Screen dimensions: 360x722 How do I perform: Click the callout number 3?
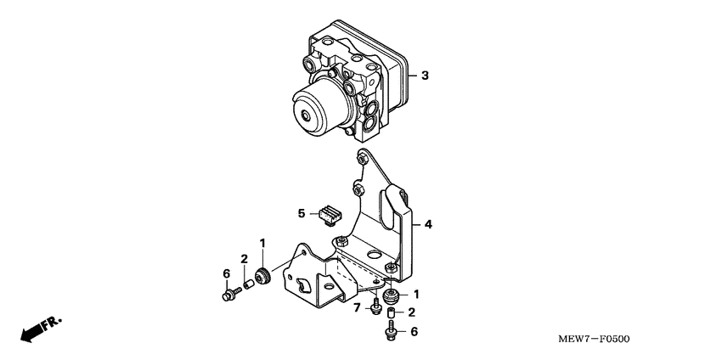point(425,76)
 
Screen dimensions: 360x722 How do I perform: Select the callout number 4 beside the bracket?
point(428,225)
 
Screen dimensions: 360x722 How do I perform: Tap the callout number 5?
point(301,212)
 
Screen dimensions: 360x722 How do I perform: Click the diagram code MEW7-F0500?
point(594,340)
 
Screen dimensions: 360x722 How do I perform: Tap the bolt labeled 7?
point(375,306)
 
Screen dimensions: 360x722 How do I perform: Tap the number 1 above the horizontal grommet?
point(262,243)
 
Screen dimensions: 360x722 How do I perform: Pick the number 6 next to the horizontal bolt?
point(226,273)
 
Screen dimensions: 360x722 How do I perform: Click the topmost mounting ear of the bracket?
point(363,157)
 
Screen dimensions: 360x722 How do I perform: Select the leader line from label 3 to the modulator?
point(412,76)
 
